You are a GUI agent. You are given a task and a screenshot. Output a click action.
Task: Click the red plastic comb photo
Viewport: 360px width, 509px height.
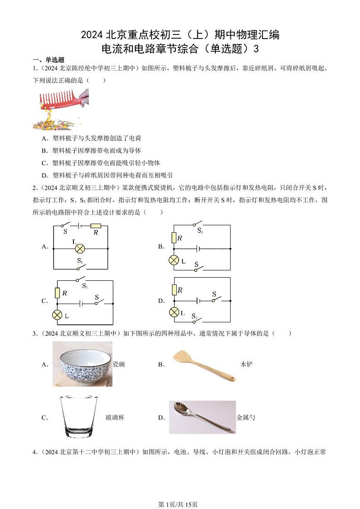click(60, 109)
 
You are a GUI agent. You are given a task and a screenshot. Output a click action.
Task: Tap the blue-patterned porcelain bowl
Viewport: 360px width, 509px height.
click(83, 364)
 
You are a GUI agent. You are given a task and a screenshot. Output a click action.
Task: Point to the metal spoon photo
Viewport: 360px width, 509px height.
click(202, 417)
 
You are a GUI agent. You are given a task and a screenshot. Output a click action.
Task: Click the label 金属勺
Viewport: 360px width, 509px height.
click(246, 417)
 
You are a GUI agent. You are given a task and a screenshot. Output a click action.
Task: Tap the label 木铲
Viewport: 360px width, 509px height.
click(246, 364)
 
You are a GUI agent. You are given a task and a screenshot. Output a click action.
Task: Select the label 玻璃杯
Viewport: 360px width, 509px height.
click(115, 417)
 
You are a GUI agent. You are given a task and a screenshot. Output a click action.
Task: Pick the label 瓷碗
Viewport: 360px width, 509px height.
click(119, 364)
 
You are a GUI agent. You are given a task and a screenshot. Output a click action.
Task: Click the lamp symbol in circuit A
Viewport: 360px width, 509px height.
click(80, 248)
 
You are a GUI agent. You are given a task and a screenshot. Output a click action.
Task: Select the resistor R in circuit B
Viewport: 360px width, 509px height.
click(173, 237)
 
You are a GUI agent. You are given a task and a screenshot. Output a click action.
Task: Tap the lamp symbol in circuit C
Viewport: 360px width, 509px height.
click(58, 315)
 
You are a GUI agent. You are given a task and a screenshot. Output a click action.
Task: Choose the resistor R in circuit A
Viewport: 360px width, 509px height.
click(96, 225)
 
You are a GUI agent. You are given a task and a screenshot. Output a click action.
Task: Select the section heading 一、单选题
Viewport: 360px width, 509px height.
click(49, 60)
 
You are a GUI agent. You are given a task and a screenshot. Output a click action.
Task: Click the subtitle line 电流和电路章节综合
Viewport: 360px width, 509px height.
click(180, 49)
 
